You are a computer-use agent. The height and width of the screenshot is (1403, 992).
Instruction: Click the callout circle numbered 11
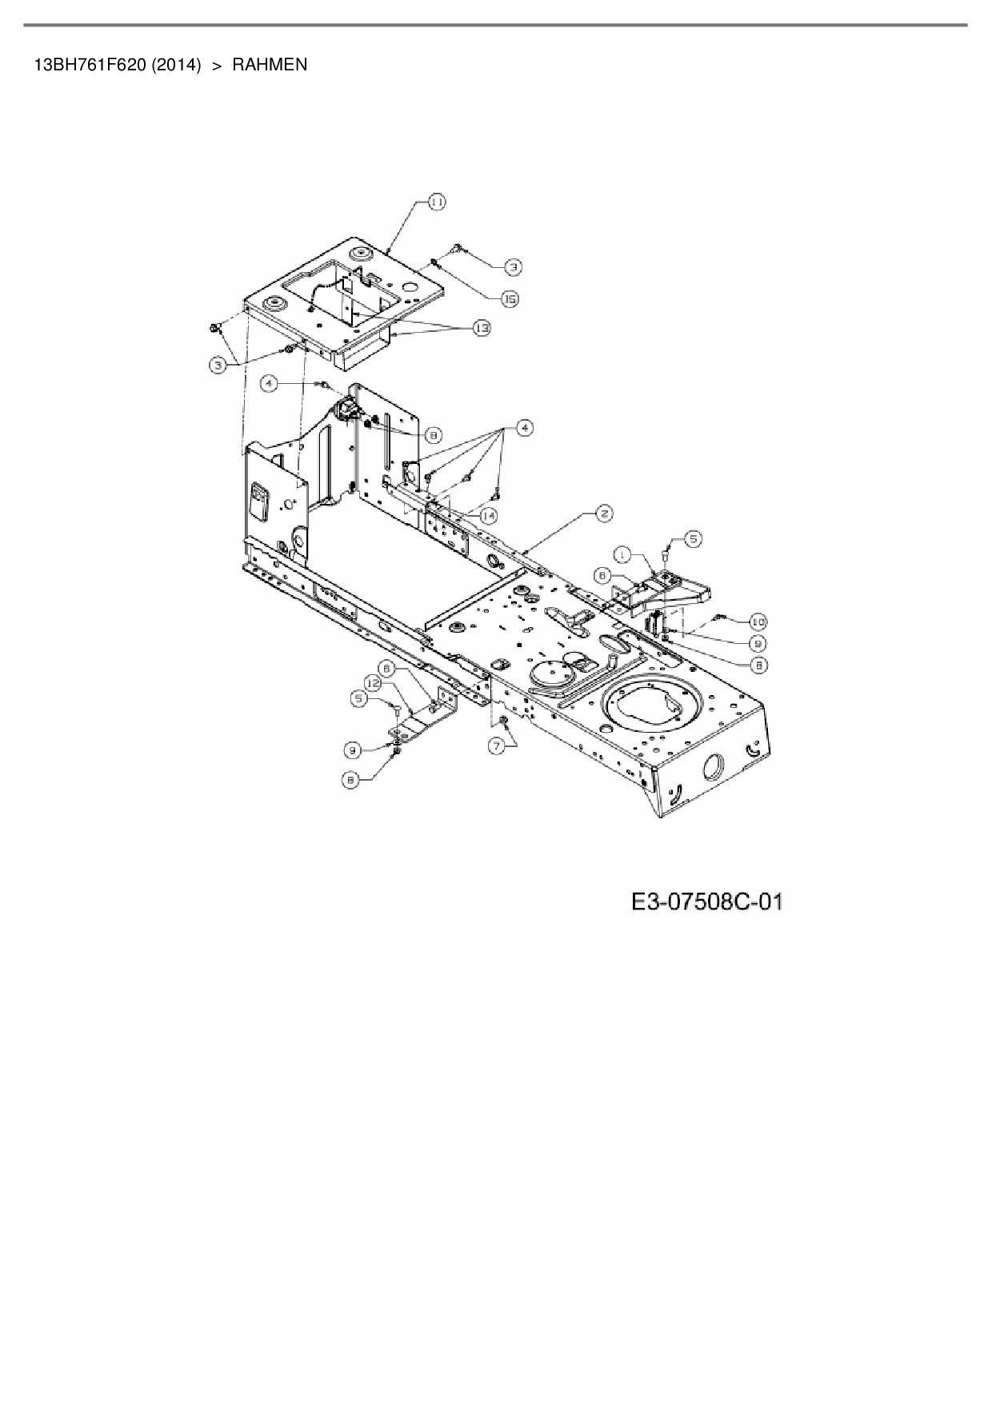click(x=437, y=202)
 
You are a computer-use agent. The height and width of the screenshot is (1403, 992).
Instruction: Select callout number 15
click(x=510, y=298)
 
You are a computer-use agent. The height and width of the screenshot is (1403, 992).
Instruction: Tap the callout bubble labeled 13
click(x=482, y=328)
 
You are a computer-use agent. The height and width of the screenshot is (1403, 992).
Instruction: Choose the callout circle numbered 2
click(x=603, y=514)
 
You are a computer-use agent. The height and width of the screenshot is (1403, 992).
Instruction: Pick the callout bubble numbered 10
click(x=757, y=621)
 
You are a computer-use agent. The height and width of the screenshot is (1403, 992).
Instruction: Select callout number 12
click(x=374, y=682)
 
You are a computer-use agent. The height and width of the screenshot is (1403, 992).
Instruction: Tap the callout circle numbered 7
click(x=498, y=745)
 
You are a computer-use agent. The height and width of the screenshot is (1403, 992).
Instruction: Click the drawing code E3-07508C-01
click(x=706, y=902)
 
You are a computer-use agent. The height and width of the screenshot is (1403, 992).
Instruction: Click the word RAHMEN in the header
click(x=270, y=65)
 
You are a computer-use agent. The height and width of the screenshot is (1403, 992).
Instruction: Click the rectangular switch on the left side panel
click(x=260, y=501)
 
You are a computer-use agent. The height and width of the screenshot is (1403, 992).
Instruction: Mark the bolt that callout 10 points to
click(x=718, y=616)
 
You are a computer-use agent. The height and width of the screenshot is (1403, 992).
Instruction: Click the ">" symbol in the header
click(x=216, y=65)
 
